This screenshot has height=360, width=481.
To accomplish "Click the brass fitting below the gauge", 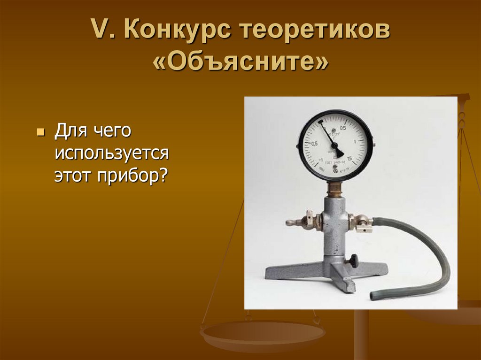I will point(334,189).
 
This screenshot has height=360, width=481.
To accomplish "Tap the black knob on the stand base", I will point(352,260).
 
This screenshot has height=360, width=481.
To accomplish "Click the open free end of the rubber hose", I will point(373,296).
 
